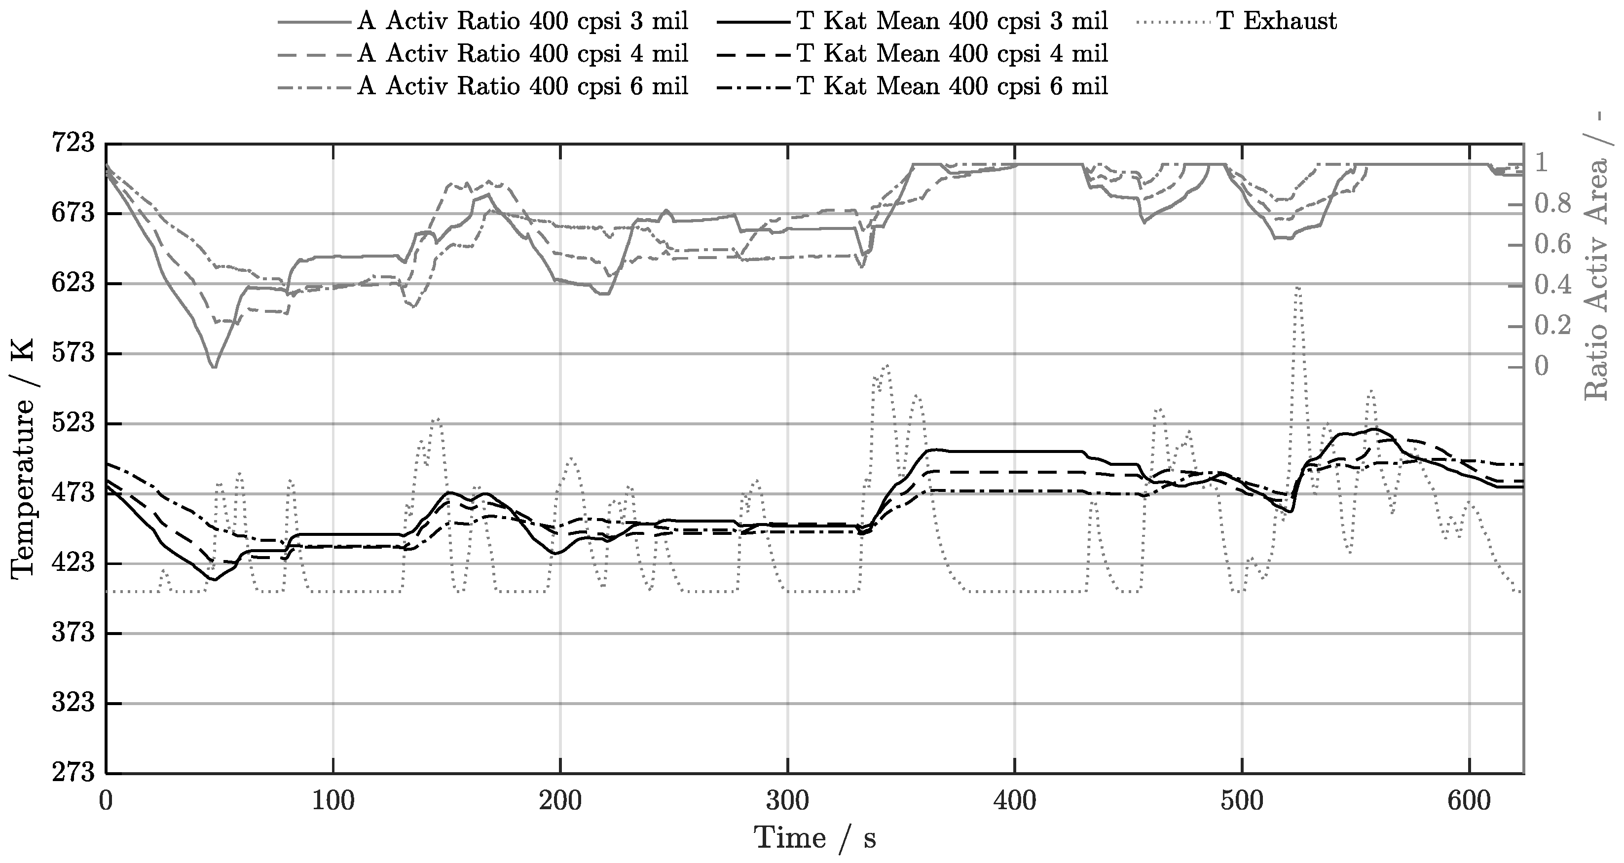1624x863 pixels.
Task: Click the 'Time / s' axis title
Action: [814, 838]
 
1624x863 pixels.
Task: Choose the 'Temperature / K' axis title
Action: [23, 458]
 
